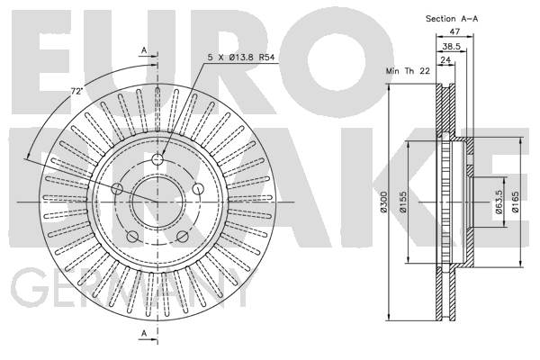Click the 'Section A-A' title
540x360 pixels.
452,19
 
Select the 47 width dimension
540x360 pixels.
454,31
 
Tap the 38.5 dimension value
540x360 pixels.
452,46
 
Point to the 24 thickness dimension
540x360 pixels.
445,59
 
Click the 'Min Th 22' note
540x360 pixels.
408,71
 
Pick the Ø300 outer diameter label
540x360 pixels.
384,202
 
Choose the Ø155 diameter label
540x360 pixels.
403,202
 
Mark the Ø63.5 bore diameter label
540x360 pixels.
499,202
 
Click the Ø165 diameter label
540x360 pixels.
515,202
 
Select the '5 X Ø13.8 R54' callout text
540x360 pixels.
241,58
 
